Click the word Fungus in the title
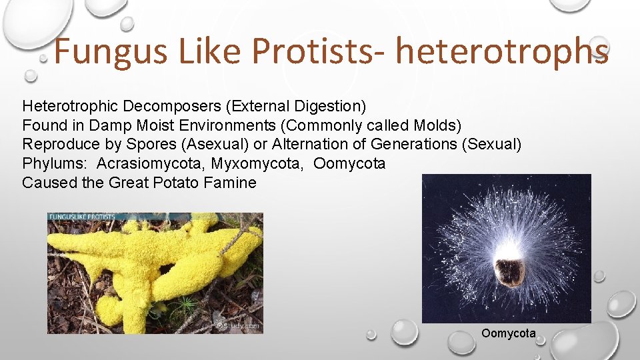[x=111, y=51]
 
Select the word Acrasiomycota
[x=151, y=163]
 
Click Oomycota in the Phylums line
[x=349, y=163]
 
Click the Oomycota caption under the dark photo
[x=508, y=333]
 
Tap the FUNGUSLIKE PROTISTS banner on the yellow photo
[x=81, y=217]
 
